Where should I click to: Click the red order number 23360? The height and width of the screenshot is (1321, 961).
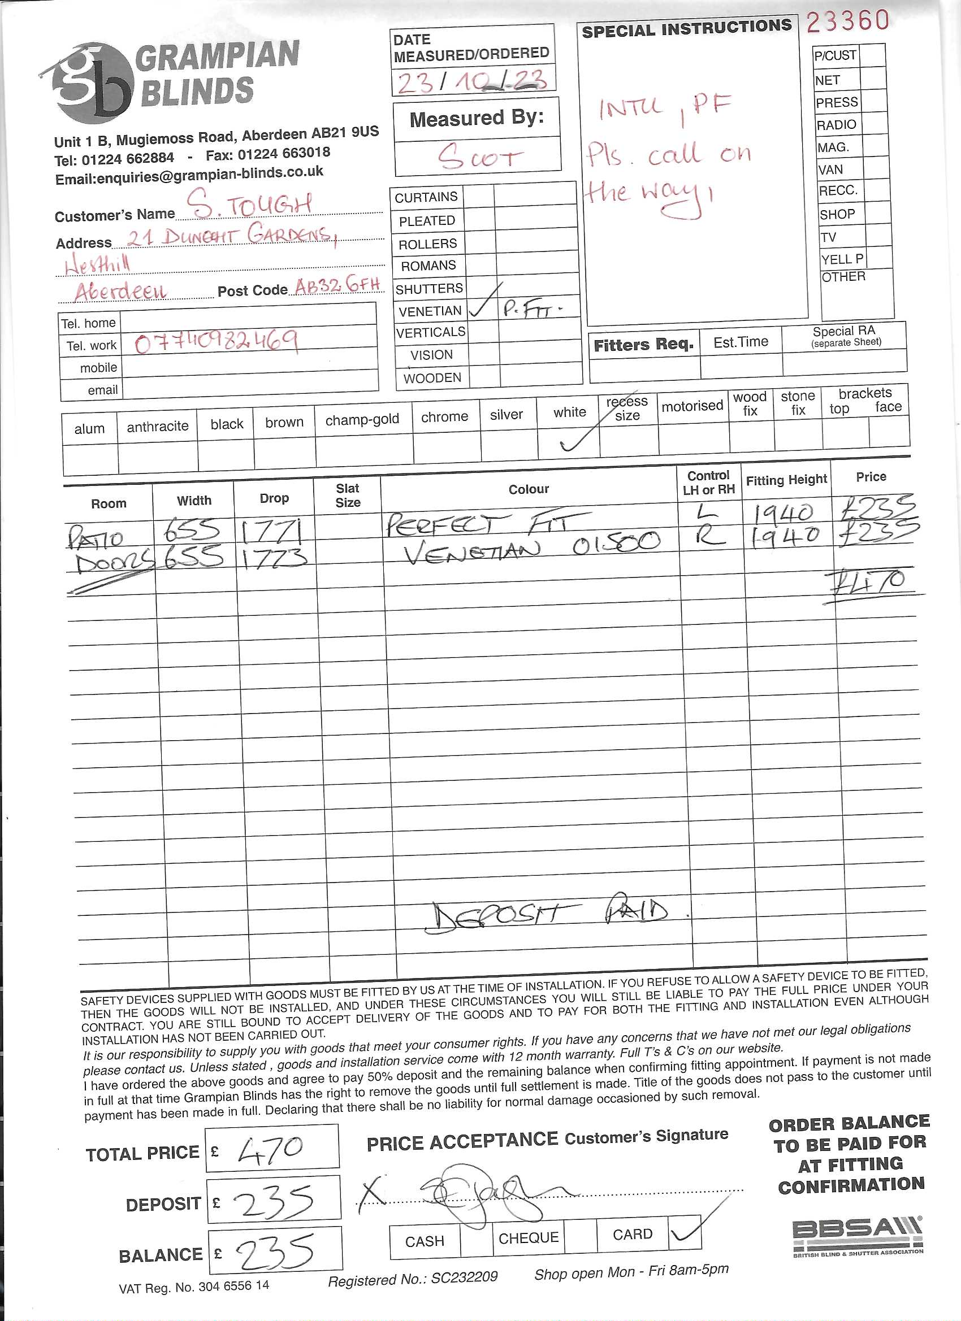[847, 21]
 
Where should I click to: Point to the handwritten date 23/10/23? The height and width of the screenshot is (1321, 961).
[472, 81]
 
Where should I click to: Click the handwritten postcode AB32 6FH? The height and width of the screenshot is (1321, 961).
[337, 285]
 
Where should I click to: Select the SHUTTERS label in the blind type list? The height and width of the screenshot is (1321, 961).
[429, 288]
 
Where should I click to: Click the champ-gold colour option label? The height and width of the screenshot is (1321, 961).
[362, 419]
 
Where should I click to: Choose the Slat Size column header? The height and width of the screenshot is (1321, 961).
[347, 495]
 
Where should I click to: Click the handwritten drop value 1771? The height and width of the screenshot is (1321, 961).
[272, 531]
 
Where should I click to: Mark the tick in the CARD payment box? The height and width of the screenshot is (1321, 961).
[685, 1232]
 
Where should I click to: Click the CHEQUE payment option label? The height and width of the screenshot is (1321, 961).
[528, 1237]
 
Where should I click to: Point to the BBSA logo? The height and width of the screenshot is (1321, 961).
[857, 1235]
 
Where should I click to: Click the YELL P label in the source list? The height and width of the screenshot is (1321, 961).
[842, 259]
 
